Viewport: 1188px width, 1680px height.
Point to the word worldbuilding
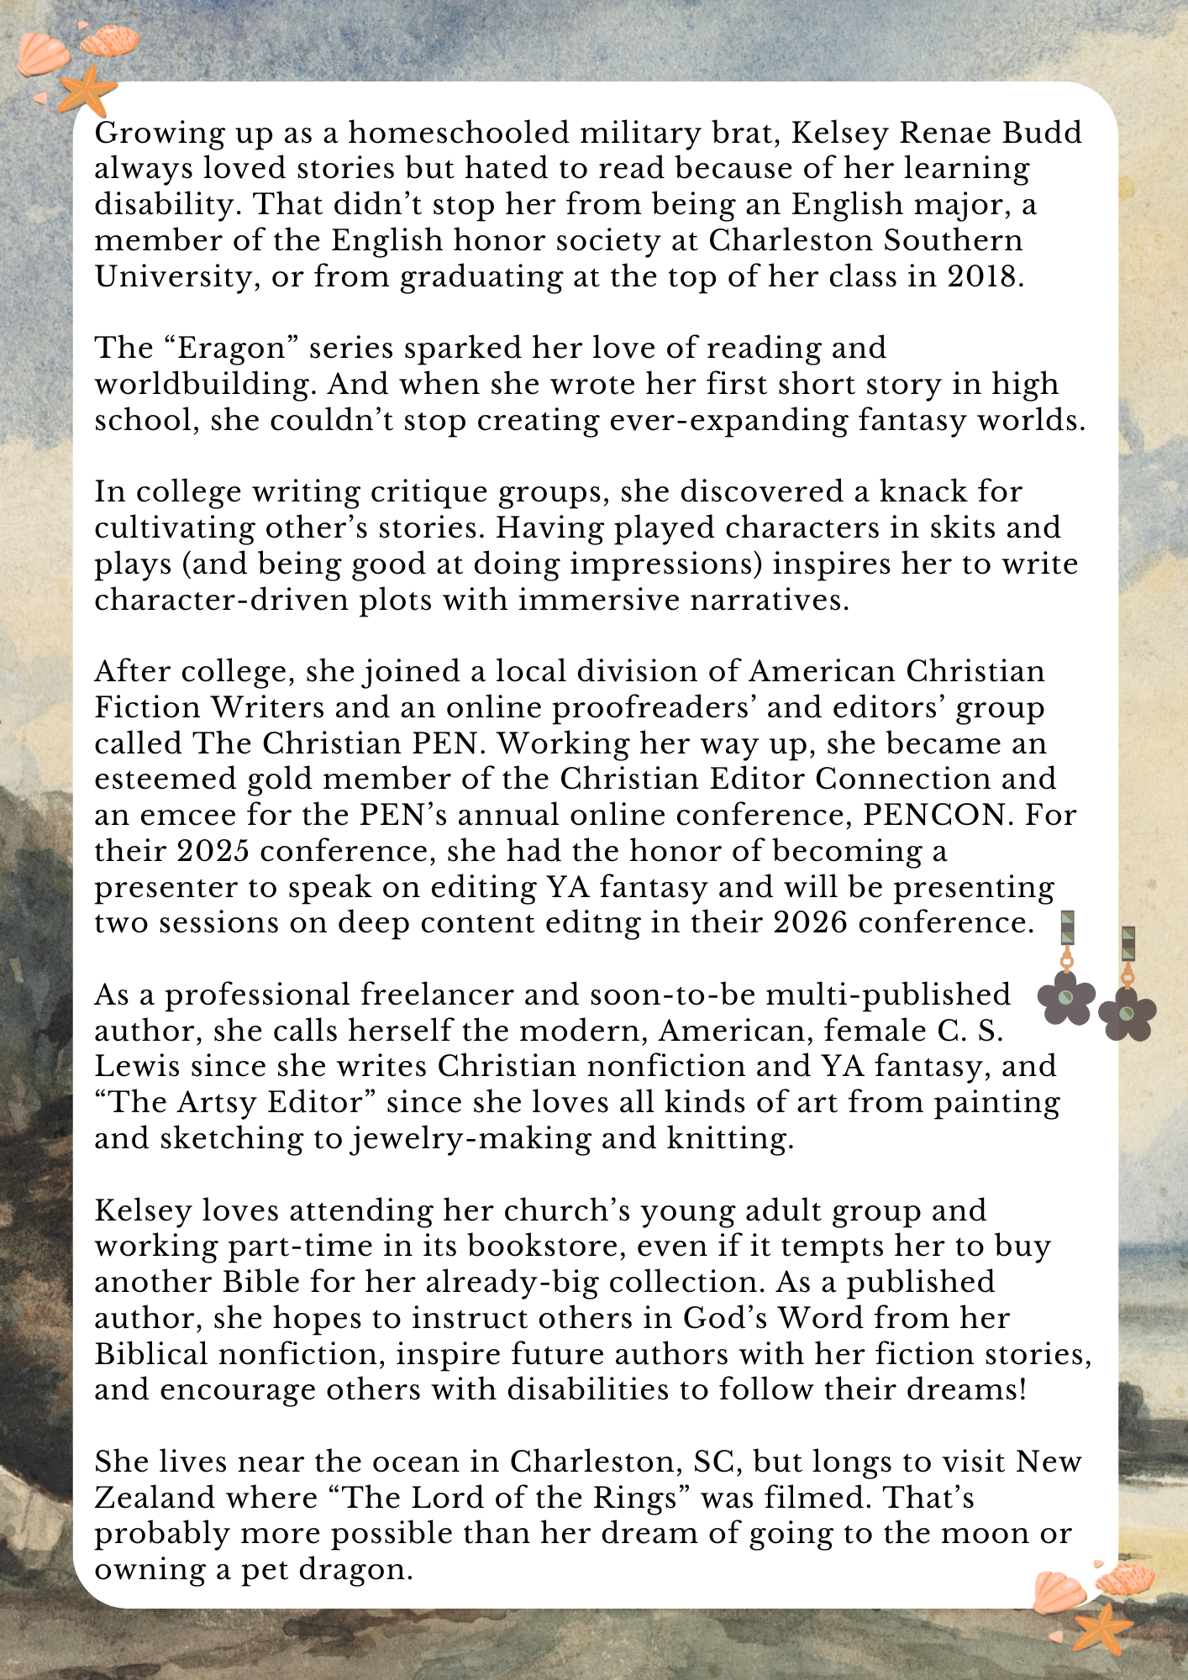(205, 384)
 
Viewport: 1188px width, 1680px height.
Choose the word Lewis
(137, 1066)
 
